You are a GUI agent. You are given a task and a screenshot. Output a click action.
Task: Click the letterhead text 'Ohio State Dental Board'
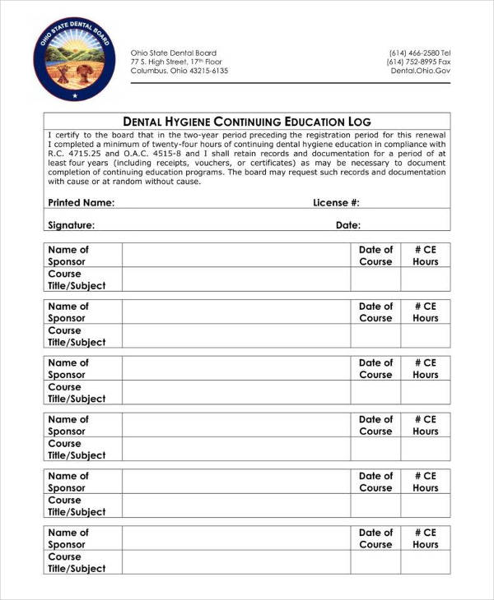coord(173,53)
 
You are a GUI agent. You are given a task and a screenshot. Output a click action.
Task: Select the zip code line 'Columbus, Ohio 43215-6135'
coord(179,71)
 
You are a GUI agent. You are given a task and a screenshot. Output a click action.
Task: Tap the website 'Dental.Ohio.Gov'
coord(420,71)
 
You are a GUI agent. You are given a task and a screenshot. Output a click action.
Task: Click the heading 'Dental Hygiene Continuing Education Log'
coord(247,121)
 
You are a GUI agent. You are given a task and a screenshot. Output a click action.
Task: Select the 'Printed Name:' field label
coord(81,202)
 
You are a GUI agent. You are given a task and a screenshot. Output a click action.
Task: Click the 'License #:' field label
coord(336,202)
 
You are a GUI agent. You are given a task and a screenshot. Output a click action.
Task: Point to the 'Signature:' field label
coord(71,224)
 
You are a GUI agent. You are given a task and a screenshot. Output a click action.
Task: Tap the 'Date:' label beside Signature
coord(347,224)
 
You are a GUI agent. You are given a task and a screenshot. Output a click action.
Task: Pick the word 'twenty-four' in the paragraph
coord(169,144)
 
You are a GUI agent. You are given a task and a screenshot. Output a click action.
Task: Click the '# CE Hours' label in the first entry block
coord(426,256)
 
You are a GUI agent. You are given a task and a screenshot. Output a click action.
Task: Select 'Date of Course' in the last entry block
coord(375,538)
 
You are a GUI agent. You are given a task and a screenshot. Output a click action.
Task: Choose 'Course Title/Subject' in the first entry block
coord(77,279)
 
